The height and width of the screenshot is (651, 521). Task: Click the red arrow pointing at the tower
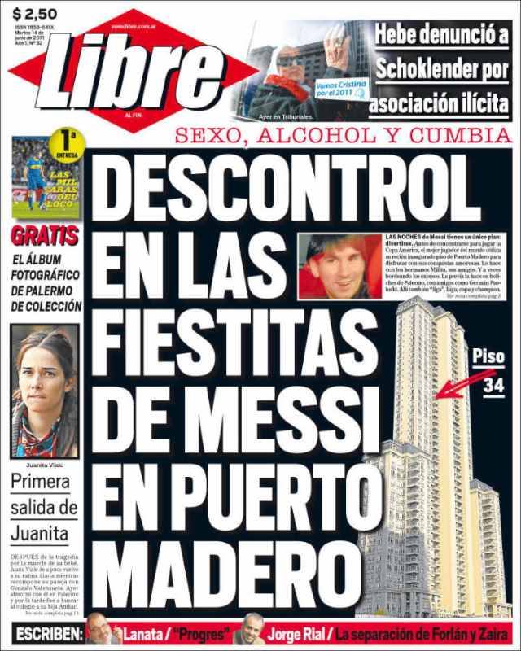pyautogui.click(x=456, y=383)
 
